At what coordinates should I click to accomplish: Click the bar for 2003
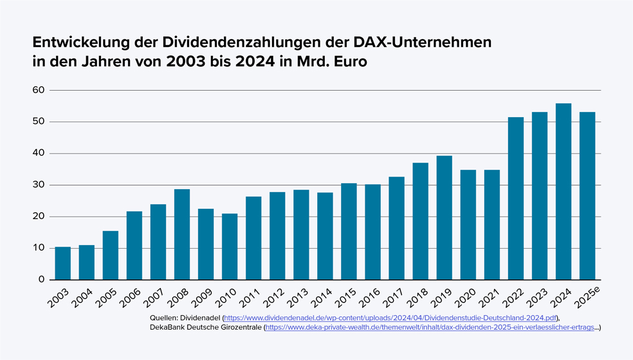pos(63,264)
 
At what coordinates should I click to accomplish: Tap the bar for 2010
pos(230,247)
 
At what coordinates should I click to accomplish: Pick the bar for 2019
pos(445,218)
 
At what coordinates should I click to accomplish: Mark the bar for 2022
pos(516,199)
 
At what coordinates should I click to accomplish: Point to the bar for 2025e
pos(587,196)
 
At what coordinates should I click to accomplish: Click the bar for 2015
pos(349,231)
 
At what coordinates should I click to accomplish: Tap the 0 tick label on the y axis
pos(41,280)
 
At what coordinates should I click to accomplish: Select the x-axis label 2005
pos(107,297)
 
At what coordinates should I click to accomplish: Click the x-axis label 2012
pos(273,297)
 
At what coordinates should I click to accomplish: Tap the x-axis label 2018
pos(417,297)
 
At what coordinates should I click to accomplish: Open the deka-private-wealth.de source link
pos(430,327)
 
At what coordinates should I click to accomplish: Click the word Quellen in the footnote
pos(163,318)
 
